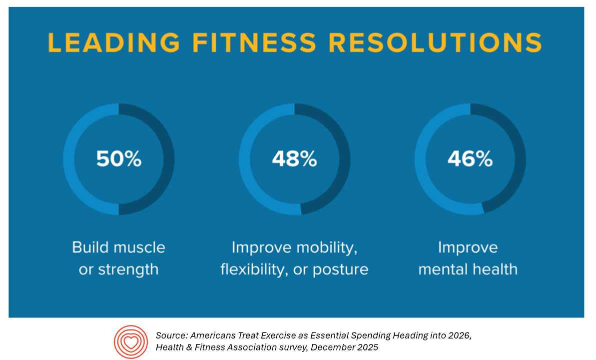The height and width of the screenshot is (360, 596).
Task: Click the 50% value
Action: [x=119, y=159]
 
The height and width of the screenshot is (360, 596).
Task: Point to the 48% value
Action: [x=294, y=159]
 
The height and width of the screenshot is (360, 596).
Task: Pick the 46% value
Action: [x=470, y=159]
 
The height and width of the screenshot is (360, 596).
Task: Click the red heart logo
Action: [x=131, y=342]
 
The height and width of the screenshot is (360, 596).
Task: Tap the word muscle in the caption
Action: [x=140, y=247]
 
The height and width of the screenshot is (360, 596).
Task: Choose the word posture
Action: [x=340, y=269]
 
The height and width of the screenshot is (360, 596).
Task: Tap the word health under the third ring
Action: [x=495, y=269]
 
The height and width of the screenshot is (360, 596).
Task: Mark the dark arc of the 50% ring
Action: [x=168, y=159]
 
